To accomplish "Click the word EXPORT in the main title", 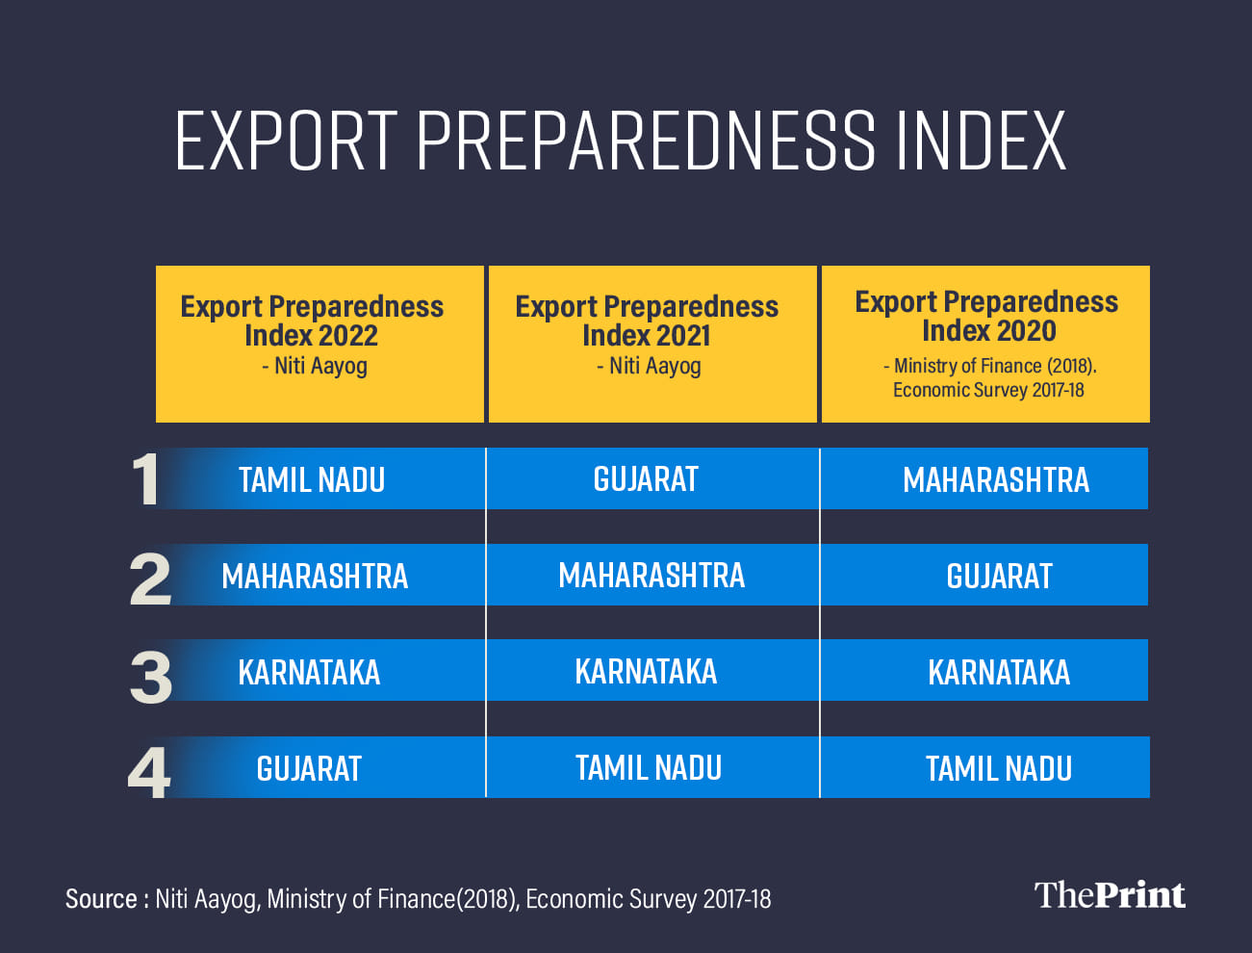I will (287, 141).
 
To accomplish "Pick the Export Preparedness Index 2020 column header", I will (985, 344).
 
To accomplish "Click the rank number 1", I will (145, 479).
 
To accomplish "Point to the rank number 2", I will (150, 579).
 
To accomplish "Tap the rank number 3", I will (150, 677).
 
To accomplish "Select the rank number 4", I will (149, 772).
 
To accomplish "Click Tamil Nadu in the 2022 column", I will (312, 479).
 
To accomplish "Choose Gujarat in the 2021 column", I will (646, 478).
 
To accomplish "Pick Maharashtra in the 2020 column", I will (995, 479).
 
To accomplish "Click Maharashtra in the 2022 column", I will (315, 576).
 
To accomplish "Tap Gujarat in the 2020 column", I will (999, 576).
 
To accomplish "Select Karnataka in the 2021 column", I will (646, 671).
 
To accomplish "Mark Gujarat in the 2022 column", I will (309, 768).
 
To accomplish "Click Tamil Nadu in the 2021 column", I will (649, 767).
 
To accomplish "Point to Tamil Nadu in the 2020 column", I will (999, 768).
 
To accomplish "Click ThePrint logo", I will (1110, 895).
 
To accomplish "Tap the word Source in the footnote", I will (101, 899).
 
